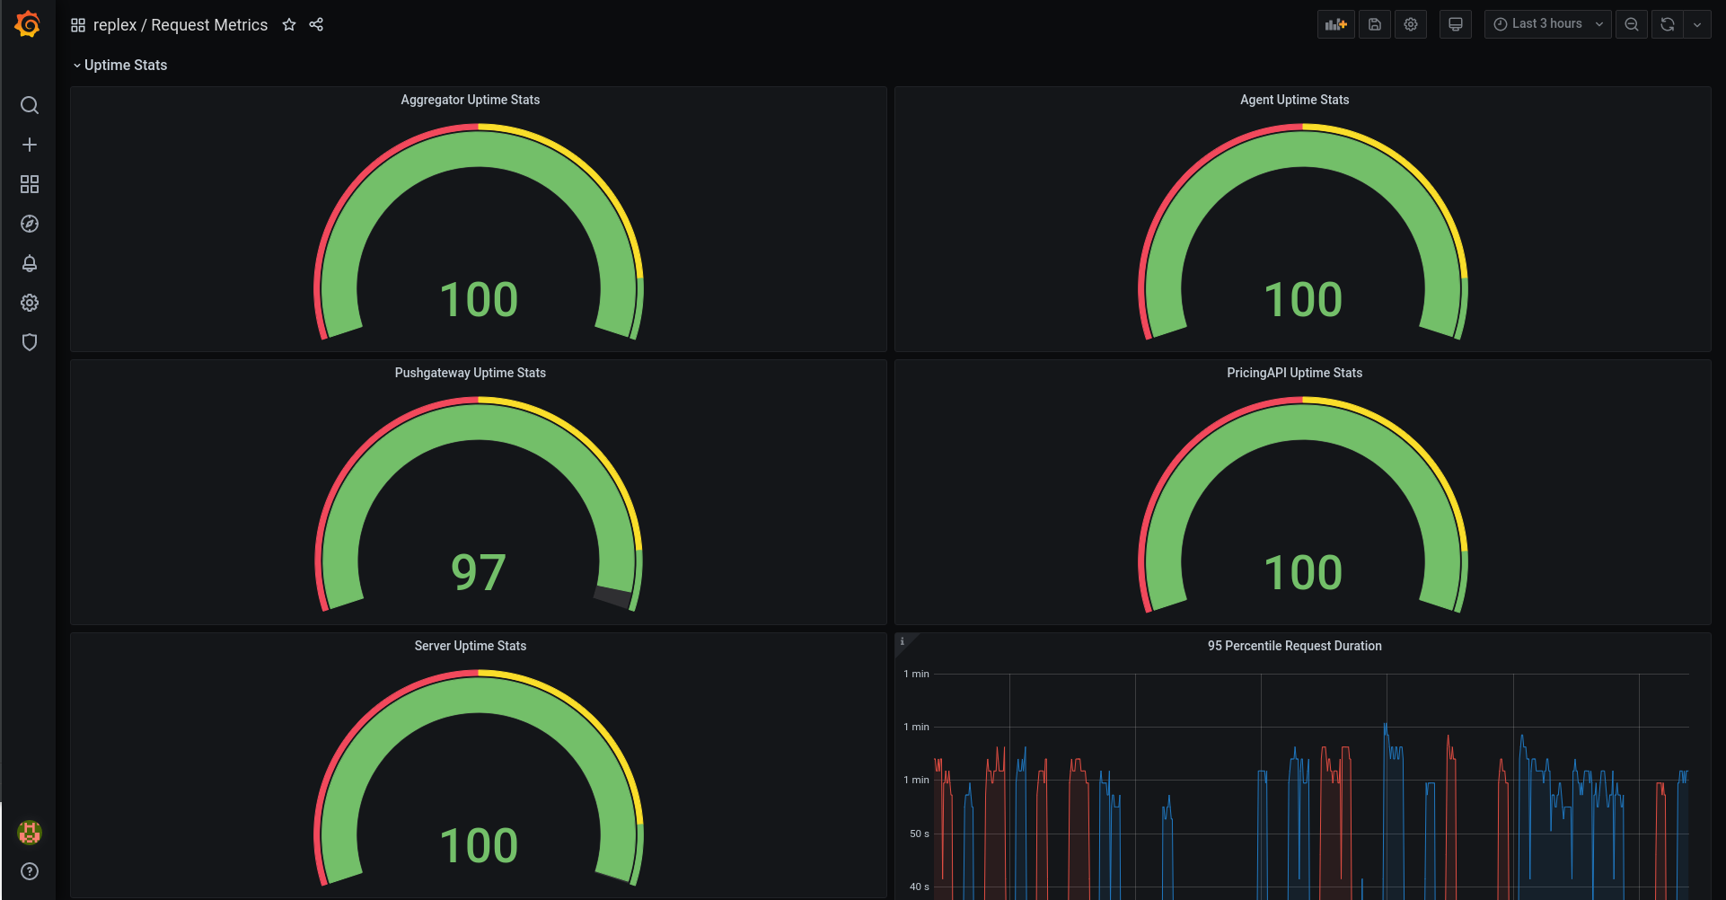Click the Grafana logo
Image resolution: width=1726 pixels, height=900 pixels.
pos(28,24)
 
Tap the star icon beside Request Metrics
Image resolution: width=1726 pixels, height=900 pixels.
pos(289,25)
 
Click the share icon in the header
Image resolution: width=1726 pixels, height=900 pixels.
pos(316,25)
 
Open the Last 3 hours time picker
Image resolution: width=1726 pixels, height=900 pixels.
pos(1547,24)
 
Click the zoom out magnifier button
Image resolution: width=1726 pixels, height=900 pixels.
pos(1632,24)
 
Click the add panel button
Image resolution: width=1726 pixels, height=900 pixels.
pos(1336,24)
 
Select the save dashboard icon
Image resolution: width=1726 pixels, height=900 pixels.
pos(1375,24)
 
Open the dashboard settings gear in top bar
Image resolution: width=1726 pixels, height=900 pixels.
pos(1411,24)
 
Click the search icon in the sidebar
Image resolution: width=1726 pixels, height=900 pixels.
pos(30,105)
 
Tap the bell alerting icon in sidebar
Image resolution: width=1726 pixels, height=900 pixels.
pos(30,263)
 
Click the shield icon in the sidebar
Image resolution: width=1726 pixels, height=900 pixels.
pos(30,342)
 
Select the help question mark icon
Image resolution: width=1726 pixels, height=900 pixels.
pos(30,871)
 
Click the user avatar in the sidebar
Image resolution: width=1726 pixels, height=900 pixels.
pos(30,833)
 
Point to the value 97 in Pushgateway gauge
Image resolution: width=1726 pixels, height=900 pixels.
pos(479,573)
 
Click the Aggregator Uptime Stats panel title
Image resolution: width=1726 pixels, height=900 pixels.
pos(470,100)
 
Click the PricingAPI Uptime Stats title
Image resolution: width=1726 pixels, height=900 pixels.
pos(1294,373)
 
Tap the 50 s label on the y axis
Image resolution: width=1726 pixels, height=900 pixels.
pos(919,834)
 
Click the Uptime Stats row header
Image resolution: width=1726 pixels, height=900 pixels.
pos(125,65)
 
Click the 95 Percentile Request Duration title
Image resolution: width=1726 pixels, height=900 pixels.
pos(1294,646)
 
